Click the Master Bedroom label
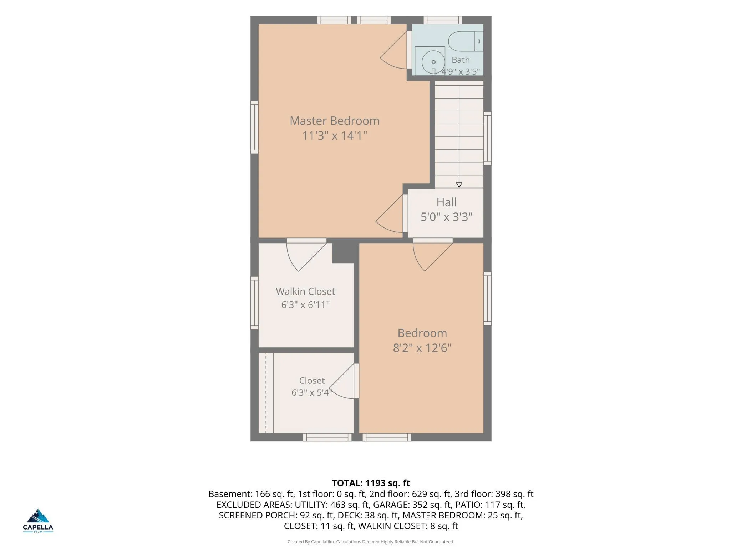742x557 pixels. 334,121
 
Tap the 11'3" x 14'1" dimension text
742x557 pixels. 334,136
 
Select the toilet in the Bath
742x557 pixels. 466,41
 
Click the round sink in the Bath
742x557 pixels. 433,62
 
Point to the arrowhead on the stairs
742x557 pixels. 459,185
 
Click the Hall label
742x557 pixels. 446,202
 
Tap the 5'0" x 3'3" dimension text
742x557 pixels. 446,217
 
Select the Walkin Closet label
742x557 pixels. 305,291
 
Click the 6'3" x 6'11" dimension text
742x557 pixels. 305,305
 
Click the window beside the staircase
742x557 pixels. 487,138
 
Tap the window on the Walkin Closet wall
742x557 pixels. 254,303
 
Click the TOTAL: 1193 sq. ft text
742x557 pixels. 371,483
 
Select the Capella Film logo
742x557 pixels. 38,521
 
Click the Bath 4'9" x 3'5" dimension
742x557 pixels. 461,72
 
